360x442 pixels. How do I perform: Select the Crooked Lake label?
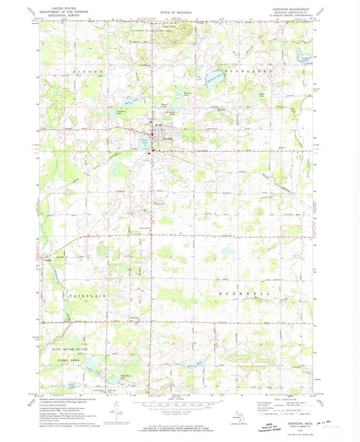point(306,59)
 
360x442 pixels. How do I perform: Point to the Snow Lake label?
point(195,364)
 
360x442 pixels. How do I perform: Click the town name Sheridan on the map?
point(168,138)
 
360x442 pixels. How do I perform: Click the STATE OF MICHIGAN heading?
point(176,12)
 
